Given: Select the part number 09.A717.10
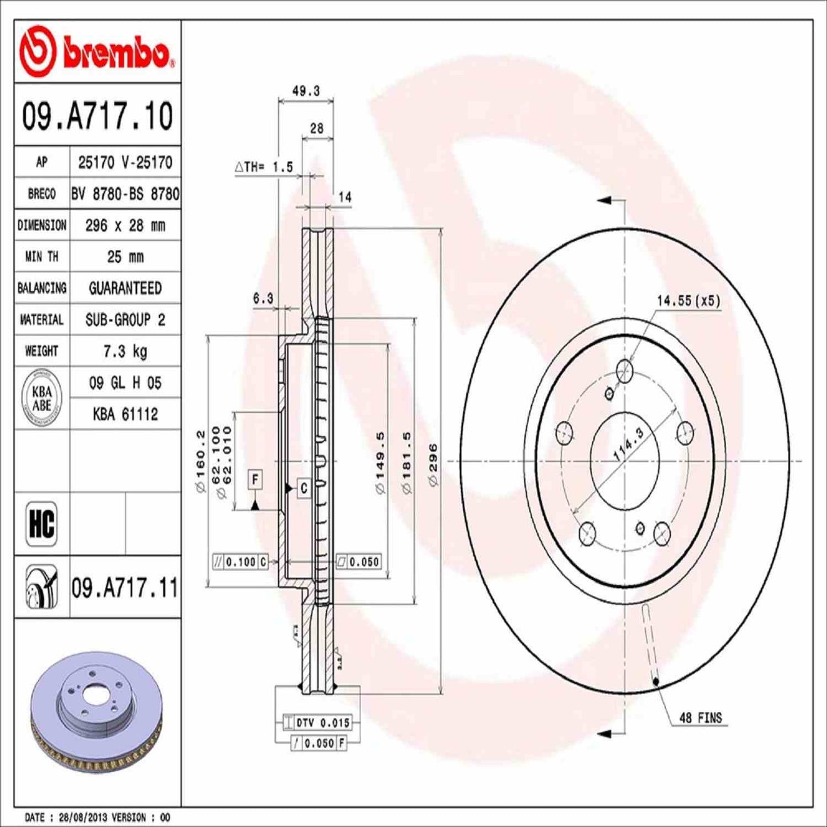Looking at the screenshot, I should [x=97, y=116].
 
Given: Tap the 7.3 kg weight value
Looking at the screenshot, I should [x=125, y=351].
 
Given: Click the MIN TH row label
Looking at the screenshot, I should [x=42, y=257].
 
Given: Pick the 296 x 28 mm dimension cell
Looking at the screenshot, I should [x=125, y=225].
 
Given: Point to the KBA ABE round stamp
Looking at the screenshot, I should [x=42, y=398].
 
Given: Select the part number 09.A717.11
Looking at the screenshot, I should [x=125, y=588].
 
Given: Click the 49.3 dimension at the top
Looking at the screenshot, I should [x=306, y=91].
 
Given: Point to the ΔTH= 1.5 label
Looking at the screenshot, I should [x=264, y=167].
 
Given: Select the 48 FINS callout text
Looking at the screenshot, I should [x=701, y=718].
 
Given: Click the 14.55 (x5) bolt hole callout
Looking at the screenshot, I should [x=688, y=300].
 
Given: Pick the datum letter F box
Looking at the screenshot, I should [x=255, y=480].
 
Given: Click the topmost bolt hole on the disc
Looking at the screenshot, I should [x=624, y=371].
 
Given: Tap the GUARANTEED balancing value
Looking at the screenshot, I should [x=125, y=288].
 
